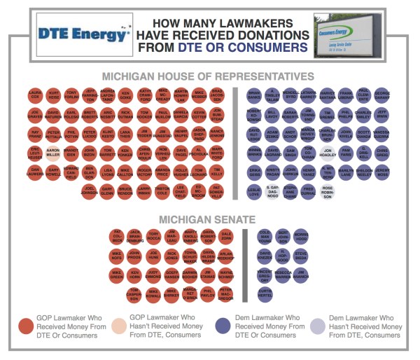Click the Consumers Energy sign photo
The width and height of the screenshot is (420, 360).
coord(348,33)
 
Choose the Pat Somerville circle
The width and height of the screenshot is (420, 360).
coord(217,191)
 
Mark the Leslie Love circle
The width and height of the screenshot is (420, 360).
coord(254,191)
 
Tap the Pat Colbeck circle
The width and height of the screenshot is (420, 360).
coord(117,235)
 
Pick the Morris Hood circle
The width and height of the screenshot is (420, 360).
coord(301,235)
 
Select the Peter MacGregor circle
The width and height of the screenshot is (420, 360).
coord(225,292)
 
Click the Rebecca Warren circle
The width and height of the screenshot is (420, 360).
coord(283,273)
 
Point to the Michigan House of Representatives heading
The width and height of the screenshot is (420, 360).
coord(209,76)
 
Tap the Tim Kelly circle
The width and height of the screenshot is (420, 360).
coord(217,172)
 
